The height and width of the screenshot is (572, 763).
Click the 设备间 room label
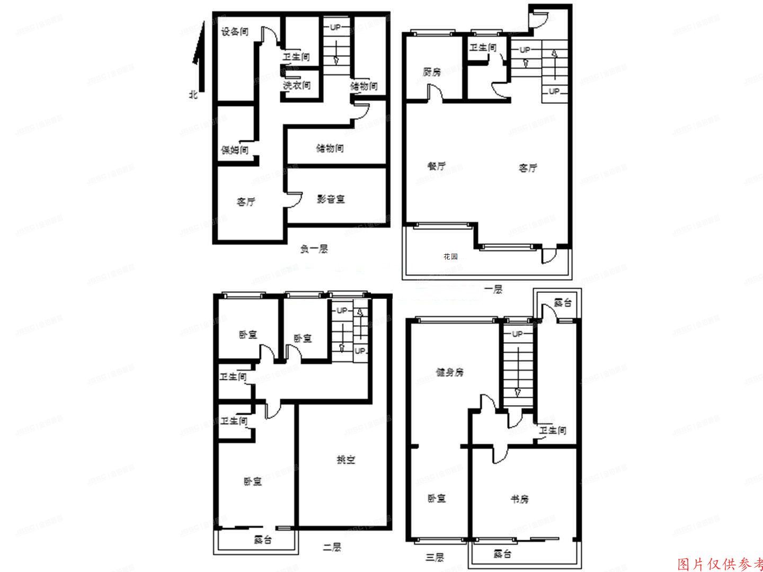(235, 32)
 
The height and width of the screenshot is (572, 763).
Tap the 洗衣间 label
(296, 85)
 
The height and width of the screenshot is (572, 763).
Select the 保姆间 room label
(235, 150)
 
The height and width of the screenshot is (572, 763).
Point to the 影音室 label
(331, 199)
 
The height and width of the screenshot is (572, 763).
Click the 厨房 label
(432, 72)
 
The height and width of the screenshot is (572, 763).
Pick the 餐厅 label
(436, 166)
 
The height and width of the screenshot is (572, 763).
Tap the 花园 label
(450, 256)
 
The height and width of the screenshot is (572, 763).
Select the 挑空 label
(346, 460)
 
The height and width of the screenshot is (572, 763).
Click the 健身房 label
(449, 372)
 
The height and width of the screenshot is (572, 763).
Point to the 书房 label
(519, 499)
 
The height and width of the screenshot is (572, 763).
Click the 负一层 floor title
(314, 249)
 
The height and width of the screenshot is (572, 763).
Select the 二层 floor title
(331, 548)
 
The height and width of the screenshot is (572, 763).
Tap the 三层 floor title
(434, 557)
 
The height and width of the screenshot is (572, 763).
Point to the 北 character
(193, 95)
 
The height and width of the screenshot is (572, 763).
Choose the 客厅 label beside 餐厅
(528, 168)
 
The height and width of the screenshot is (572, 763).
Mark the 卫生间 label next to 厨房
(483, 48)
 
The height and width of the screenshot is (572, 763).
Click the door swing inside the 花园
(548, 256)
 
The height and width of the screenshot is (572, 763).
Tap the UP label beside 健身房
(517, 334)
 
